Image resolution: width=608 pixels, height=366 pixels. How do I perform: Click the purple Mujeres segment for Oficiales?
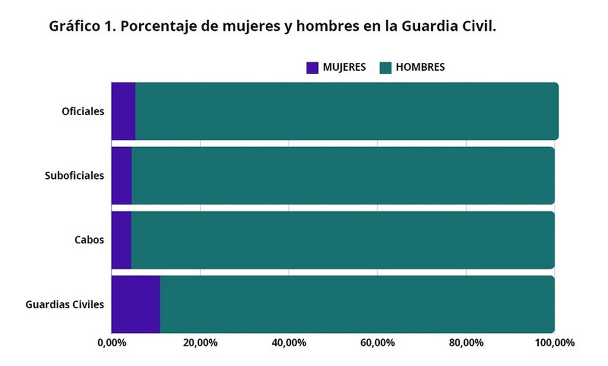(x=123, y=111)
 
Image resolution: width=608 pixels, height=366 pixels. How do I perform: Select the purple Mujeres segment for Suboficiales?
(x=121, y=175)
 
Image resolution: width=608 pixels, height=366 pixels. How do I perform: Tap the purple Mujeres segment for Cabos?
(x=121, y=240)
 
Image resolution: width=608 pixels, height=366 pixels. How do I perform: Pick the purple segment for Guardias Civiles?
(x=135, y=304)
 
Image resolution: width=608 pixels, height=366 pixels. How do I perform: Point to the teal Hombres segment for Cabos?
(x=342, y=240)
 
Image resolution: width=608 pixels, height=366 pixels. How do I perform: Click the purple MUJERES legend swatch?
(x=312, y=68)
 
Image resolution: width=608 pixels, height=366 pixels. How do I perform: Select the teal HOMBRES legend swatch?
(x=385, y=68)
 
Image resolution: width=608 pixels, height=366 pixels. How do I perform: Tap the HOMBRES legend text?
(x=420, y=67)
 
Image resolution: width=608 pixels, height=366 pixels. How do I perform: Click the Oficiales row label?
(x=83, y=111)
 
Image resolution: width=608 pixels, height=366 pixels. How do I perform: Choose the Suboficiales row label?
(x=74, y=176)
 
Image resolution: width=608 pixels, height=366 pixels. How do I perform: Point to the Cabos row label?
(x=89, y=240)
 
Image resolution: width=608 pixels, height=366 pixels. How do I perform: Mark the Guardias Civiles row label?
(x=65, y=305)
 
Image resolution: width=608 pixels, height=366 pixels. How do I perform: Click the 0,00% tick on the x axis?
(x=112, y=343)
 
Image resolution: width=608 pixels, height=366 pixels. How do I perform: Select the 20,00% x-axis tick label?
(x=200, y=343)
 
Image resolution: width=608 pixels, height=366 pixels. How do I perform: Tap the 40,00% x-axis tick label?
(x=289, y=343)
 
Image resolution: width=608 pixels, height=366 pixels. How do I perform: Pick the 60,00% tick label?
(x=377, y=343)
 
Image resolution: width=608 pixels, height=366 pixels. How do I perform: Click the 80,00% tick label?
(x=466, y=343)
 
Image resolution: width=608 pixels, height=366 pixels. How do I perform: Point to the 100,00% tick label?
(x=554, y=343)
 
